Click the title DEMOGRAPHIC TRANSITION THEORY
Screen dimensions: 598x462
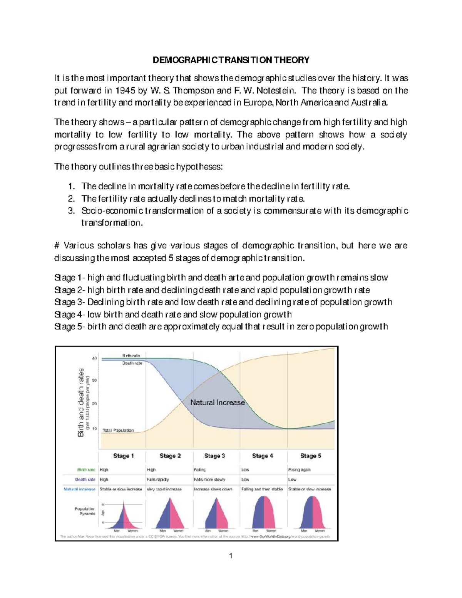tap(231, 60)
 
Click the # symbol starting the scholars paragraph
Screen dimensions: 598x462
tap(57, 246)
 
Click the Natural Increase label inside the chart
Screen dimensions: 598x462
tap(218, 402)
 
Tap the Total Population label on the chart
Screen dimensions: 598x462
tap(118, 430)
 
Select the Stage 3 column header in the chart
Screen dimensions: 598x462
tap(214, 456)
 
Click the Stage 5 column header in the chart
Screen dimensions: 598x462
tap(310, 456)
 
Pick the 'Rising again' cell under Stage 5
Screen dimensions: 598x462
tap(300, 470)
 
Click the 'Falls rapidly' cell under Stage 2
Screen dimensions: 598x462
tap(157, 479)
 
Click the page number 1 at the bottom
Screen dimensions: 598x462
tap(231, 556)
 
